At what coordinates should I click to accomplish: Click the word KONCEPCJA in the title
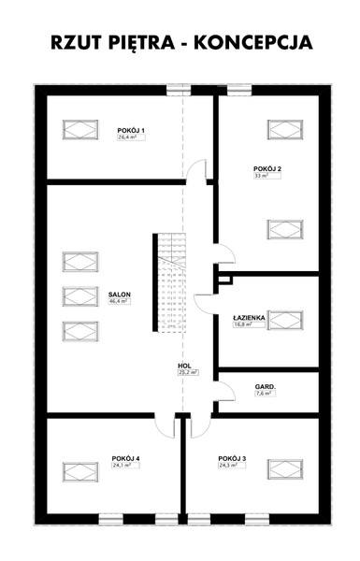[253, 42]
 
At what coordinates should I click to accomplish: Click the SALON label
[120, 295]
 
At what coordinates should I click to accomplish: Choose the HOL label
[184, 366]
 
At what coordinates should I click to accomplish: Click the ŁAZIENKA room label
[249, 318]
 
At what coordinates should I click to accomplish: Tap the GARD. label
[266, 387]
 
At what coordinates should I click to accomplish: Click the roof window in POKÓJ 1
[80, 130]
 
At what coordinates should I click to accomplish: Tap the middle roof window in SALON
[80, 296]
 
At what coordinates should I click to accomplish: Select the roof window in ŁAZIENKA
[285, 320]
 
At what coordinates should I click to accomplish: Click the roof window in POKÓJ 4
[80, 472]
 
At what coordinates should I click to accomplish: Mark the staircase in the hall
[171, 282]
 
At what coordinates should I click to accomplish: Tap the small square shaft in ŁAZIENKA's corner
[225, 279]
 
